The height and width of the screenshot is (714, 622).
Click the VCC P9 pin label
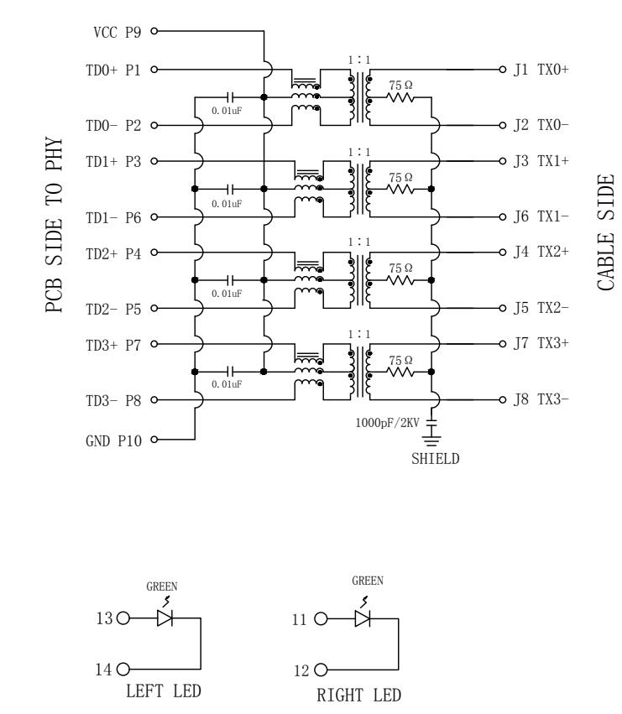coord(118,33)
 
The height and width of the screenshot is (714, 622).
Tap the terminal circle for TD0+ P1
coord(154,70)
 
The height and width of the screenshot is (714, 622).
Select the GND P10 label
coord(113,440)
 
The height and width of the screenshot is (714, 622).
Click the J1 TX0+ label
coord(541,70)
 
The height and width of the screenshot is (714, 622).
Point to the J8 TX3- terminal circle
coord(502,400)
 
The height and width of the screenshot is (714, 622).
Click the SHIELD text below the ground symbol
coord(435,459)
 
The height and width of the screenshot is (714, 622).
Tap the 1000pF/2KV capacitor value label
coord(387,423)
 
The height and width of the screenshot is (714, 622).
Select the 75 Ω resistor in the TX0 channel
coord(400,97)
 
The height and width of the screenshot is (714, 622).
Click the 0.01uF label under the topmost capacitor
coord(227,111)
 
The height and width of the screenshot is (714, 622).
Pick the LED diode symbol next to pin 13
coord(165,618)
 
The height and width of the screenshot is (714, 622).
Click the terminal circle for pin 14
coord(123,670)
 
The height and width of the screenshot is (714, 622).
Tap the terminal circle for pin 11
coord(321,619)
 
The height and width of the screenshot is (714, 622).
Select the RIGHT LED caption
coord(358,696)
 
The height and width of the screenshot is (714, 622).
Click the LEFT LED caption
coord(164,691)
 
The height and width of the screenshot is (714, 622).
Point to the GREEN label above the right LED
coord(368,581)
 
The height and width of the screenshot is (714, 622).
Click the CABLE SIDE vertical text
coord(605,232)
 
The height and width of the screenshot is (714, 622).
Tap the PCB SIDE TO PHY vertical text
coord(54,225)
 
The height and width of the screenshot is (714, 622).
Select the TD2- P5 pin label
coord(113,310)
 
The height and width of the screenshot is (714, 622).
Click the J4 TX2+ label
coord(541,252)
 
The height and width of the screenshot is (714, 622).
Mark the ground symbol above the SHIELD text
coord(431,440)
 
